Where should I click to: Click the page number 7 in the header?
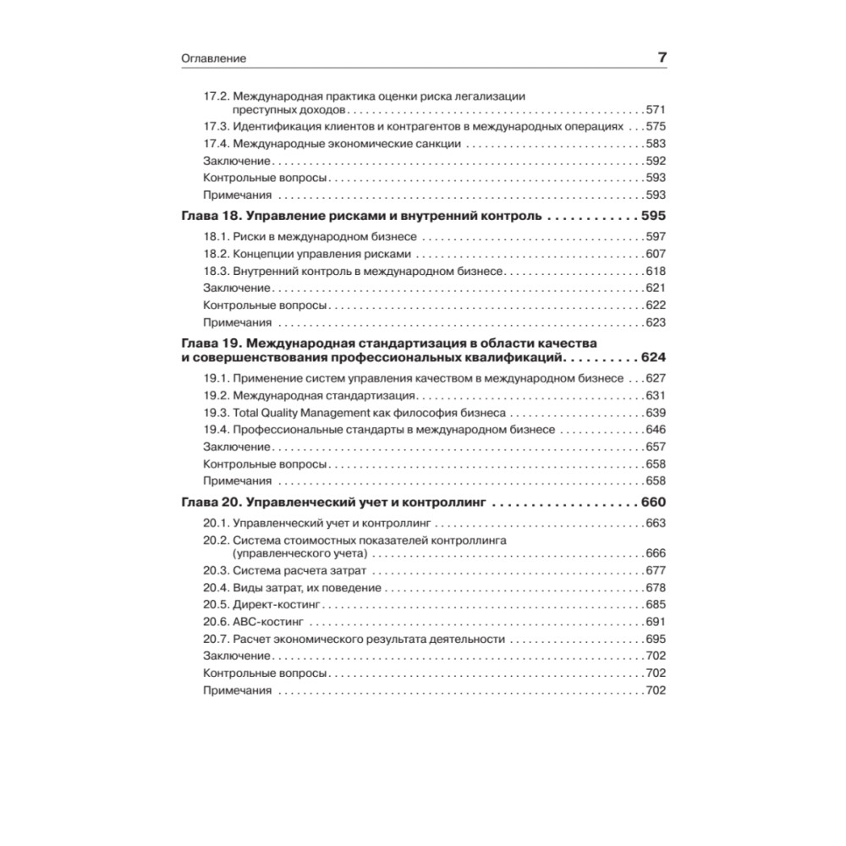tap(662, 58)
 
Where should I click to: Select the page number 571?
tap(656, 110)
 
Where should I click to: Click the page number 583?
tap(656, 144)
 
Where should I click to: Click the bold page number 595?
tap(654, 216)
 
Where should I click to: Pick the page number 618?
tap(656, 271)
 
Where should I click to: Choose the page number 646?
tap(656, 430)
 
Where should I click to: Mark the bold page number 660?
tap(654, 502)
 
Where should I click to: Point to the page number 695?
tap(656, 639)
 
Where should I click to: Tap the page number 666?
tap(656, 553)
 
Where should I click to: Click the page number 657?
tap(656, 447)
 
